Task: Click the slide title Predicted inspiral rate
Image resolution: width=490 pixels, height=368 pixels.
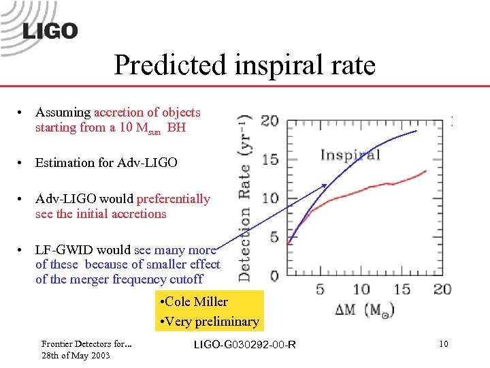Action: click(x=244, y=65)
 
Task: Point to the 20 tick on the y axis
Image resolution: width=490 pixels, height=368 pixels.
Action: click(x=269, y=121)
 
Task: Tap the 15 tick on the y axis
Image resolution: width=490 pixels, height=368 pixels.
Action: click(x=269, y=159)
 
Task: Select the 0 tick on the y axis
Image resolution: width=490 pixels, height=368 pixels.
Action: click(x=273, y=276)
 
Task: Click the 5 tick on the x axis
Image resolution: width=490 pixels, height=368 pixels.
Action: click(x=320, y=289)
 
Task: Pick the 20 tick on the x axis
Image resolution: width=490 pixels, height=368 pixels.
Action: click(x=442, y=289)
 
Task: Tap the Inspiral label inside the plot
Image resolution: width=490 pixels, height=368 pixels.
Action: click(x=350, y=155)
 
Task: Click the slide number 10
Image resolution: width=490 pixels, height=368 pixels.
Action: click(x=443, y=344)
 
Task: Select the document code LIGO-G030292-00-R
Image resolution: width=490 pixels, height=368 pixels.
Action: click(x=245, y=345)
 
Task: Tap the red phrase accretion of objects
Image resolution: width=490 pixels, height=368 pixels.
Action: click(x=147, y=112)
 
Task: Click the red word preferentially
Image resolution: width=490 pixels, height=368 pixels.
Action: click(x=174, y=199)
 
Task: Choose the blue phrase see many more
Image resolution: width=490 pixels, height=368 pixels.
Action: click(x=178, y=250)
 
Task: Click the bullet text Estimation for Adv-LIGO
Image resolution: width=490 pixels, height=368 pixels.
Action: click(x=106, y=163)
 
